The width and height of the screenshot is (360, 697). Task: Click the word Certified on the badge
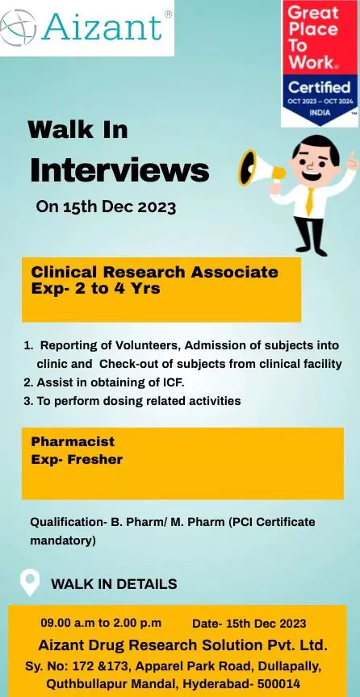click(319, 86)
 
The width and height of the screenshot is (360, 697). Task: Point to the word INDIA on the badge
click(319, 113)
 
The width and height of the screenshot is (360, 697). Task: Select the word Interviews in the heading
click(119, 170)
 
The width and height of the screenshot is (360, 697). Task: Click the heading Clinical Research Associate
click(154, 272)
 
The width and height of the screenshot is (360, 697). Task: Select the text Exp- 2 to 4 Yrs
click(95, 287)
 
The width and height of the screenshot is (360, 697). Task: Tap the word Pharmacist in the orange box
click(73, 442)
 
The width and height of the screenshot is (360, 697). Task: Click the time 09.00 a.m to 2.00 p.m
click(101, 624)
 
